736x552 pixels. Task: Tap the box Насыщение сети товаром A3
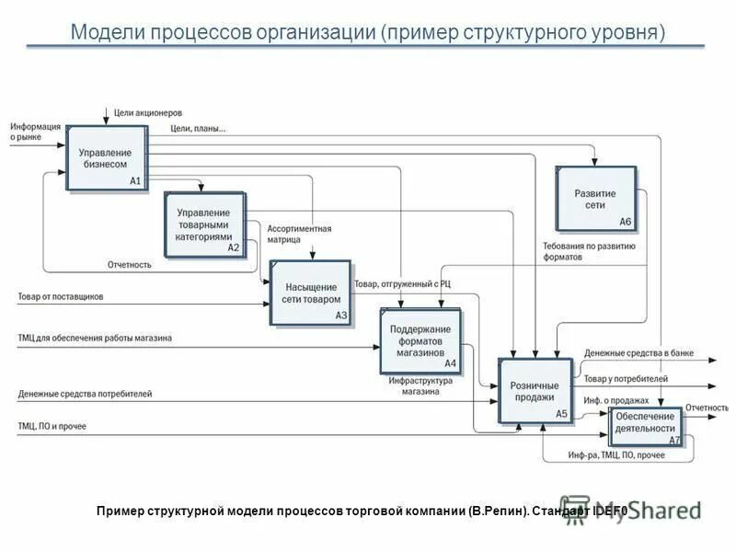[x=311, y=293]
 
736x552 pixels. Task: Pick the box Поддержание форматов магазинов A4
[x=420, y=340]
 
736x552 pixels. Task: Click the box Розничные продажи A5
[x=535, y=391]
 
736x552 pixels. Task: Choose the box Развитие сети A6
[x=595, y=199]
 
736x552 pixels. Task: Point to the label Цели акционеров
[x=149, y=113]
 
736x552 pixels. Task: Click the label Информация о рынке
[x=36, y=132]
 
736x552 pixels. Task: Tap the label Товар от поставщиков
[x=61, y=296]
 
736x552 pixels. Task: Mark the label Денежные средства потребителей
[x=85, y=394]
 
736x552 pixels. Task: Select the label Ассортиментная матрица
[x=299, y=234]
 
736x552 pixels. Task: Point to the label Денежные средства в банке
[x=638, y=353]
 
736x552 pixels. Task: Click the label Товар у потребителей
[x=626, y=378]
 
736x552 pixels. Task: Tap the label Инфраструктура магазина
[x=420, y=385]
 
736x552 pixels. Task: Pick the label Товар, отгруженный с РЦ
[x=402, y=284]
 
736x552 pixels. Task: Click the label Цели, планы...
[x=198, y=129]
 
